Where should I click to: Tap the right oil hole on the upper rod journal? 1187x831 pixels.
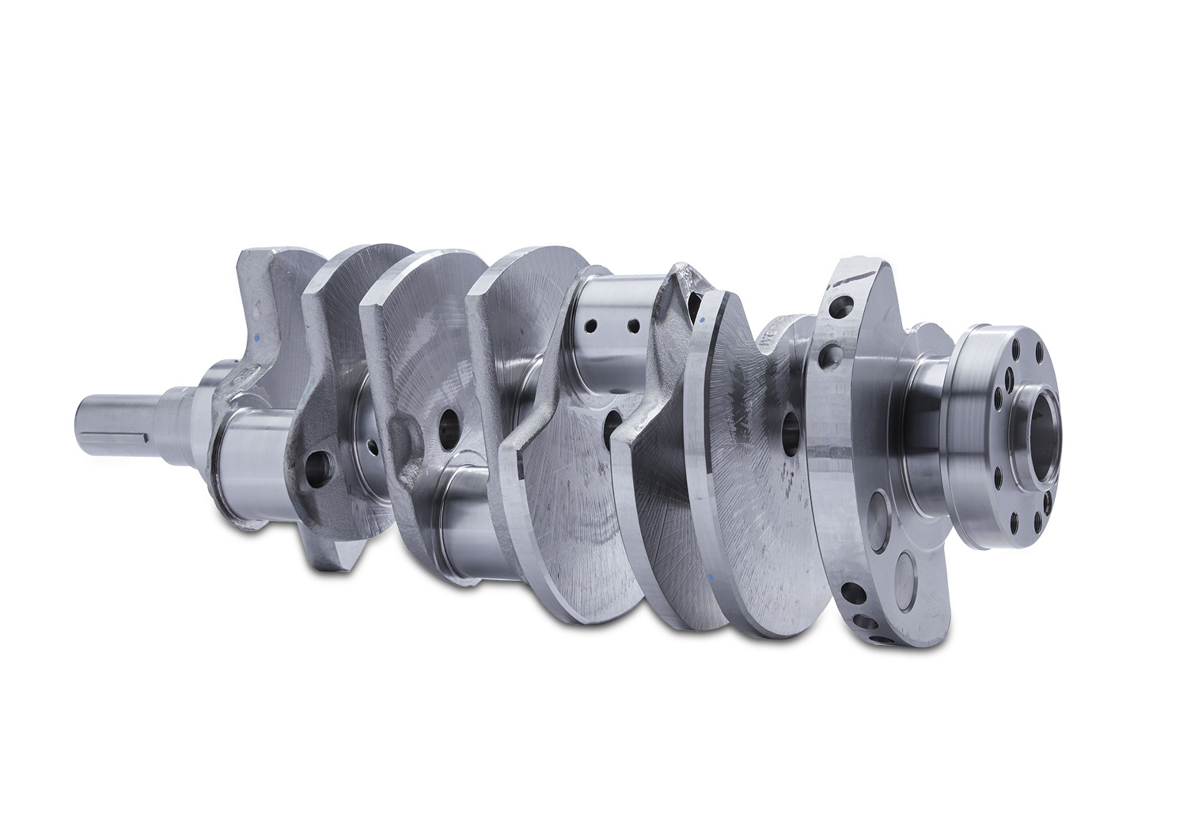[632, 325]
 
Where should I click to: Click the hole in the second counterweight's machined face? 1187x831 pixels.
[446, 427]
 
